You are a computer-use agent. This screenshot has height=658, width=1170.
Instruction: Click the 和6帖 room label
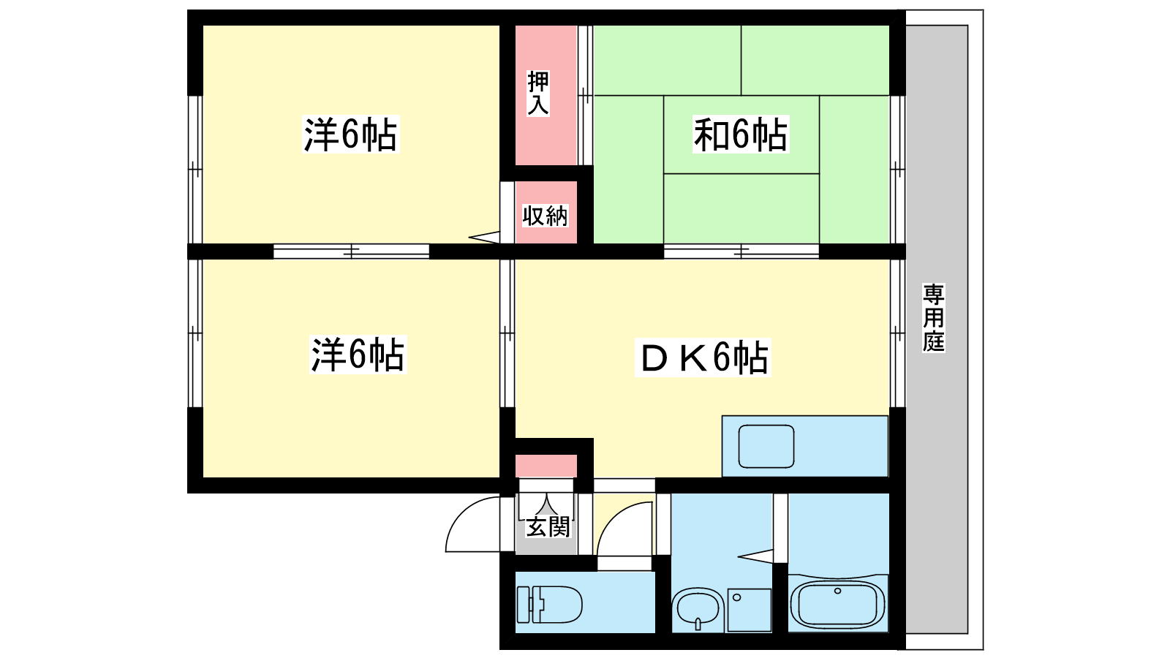(740, 135)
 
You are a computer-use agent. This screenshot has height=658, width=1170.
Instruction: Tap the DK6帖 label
(703, 358)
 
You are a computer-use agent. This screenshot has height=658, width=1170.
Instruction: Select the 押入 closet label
(538, 93)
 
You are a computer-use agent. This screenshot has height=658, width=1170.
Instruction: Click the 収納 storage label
(546, 216)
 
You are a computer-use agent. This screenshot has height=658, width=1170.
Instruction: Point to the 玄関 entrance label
(548, 527)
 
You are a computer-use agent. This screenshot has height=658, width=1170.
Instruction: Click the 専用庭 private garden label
(933, 317)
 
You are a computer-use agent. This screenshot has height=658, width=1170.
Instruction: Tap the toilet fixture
(549, 604)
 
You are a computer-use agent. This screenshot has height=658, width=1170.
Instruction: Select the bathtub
(838, 604)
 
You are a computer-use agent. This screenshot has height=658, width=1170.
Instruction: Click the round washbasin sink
(698, 608)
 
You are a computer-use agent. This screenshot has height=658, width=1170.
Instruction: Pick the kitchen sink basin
(766, 447)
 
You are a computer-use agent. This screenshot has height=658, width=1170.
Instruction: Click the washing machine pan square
(750, 610)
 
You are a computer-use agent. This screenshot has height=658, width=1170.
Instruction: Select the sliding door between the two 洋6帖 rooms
(351, 252)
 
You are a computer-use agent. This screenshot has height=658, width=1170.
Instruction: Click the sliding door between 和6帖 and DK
(741, 252)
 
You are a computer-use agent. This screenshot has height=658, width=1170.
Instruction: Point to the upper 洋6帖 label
(350, 135)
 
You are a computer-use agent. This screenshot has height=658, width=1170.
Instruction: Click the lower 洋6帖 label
(358, 355)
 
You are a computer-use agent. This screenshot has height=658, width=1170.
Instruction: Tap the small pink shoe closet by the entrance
(546, 466)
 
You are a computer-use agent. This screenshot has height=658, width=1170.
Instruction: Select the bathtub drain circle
(838, 591)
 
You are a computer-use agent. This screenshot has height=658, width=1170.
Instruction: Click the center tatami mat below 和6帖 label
(741, 208)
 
